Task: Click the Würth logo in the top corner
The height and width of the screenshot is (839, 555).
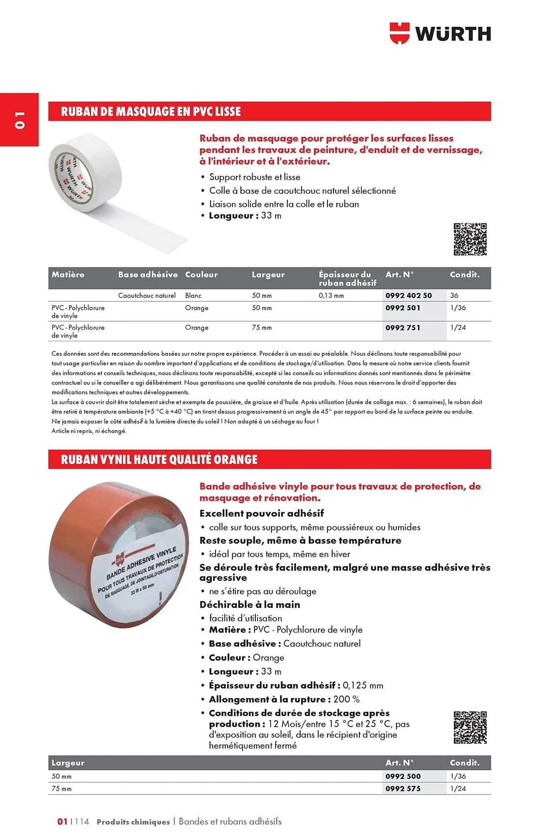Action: point(440,34)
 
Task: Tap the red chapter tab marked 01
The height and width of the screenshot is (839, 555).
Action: point(19,120)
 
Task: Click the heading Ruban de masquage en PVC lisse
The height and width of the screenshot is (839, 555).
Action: point(151,112)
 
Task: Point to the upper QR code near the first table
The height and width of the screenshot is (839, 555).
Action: point(470,239)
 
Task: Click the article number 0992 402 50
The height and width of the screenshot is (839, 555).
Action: point(408,295)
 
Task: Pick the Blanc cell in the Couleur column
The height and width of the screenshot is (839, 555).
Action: point(193,295)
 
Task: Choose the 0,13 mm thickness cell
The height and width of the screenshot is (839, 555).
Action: point(331,295)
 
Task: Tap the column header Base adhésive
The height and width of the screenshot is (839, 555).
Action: point(148,275)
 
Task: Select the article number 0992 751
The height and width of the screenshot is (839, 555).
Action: point(403,328)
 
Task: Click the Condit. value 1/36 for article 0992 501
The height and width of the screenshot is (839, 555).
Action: point(458,308)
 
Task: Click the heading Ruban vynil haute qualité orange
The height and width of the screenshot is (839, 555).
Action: point(159,459)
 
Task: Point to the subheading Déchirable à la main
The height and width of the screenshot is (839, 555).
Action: point(250,604)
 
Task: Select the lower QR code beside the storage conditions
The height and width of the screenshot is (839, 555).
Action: point(470,727)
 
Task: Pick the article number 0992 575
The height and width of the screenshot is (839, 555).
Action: point(403,789)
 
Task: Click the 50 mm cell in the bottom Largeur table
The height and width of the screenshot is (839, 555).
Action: point(62,776)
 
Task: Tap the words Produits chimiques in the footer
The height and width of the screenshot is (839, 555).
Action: point(133,822)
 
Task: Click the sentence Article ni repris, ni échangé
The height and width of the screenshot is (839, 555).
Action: point(89,431)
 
